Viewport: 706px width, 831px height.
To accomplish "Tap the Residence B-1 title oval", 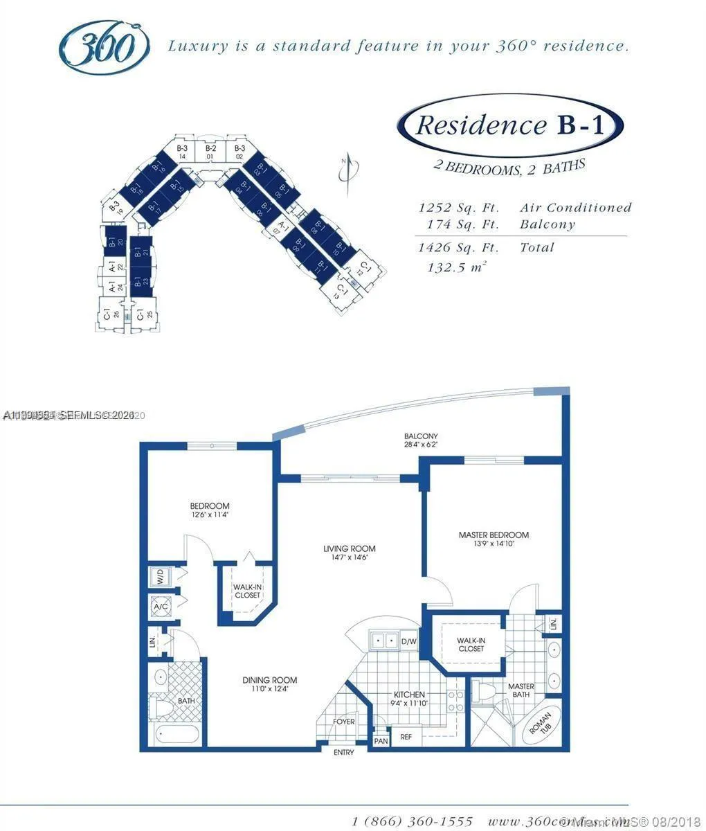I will coord(510,125).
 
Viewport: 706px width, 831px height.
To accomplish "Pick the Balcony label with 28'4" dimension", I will coord(422,440).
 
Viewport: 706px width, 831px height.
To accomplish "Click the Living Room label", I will coord(350,552).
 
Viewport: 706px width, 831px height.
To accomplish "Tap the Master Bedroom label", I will coord(494,538).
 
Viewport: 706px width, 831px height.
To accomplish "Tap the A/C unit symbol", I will coord(161,607).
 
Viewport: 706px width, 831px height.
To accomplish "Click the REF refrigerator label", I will coord(406,737).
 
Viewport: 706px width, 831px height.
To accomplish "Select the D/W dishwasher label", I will coord(409,641).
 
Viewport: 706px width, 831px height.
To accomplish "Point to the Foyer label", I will coord(344,722).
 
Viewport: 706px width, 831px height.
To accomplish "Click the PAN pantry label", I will coord(381,740).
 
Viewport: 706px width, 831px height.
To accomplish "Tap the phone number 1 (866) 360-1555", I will coord(413,821).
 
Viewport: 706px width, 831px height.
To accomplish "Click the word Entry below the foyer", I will coord(344,753).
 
